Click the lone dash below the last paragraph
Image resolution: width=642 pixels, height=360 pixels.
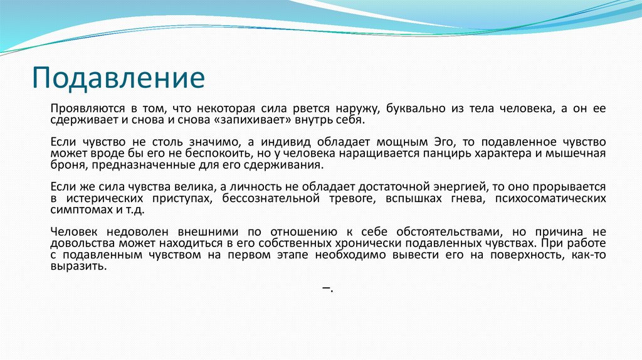[x=326, y=287]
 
